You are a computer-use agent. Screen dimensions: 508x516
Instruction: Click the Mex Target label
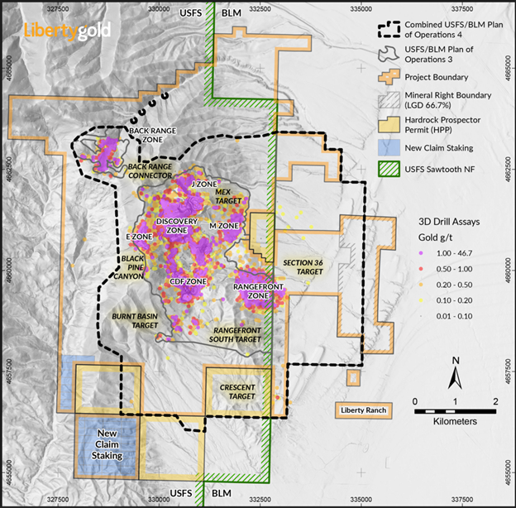point(228,196)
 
